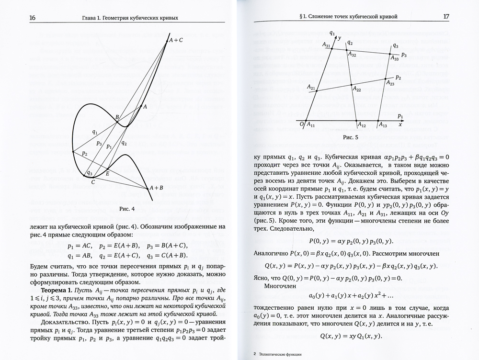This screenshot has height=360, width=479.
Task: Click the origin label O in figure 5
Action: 301,124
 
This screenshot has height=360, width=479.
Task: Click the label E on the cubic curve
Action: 108,173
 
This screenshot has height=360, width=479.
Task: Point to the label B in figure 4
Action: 116,117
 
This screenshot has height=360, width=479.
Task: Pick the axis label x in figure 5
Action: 399,124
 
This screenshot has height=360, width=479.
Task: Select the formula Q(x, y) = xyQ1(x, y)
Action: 348,336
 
